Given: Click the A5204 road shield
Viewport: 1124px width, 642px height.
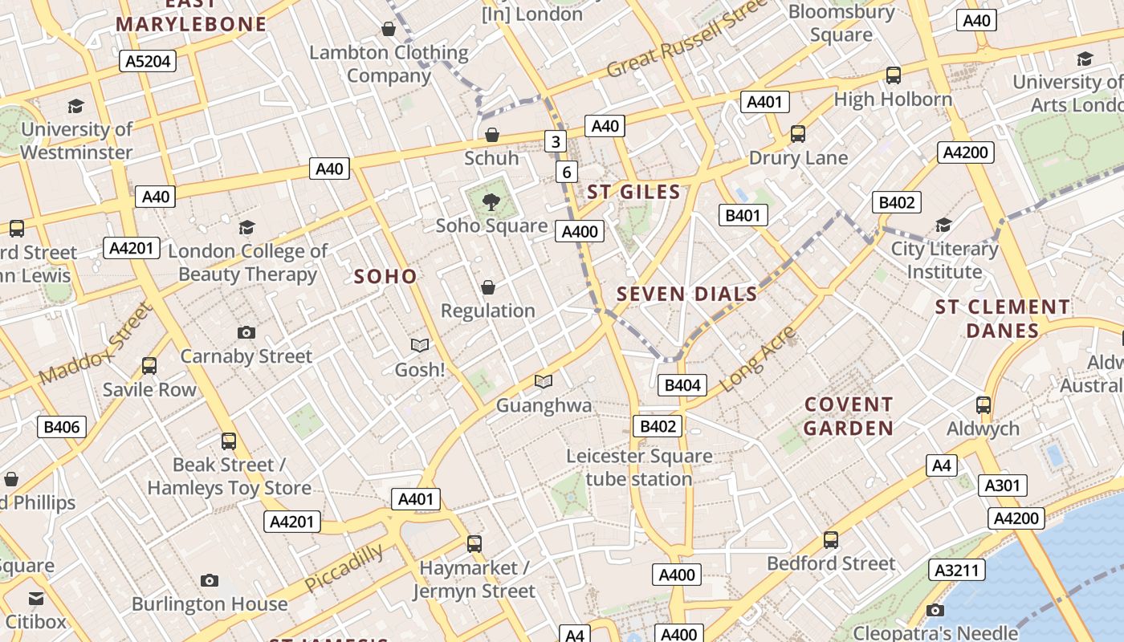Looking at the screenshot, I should click(x=149, y=61).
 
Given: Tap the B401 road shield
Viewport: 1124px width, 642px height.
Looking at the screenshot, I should click(x=743, y=215).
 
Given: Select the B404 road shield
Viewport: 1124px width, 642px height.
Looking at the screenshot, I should click(x=682, y=385).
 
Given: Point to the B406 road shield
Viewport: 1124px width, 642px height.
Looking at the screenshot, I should click(x=62, y=427).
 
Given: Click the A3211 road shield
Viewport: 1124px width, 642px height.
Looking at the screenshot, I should click(x=957, y=571).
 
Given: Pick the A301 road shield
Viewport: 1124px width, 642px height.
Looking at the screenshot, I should click(x=1002, y=486).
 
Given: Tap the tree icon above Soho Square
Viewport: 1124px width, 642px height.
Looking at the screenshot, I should click(x=491, y=202).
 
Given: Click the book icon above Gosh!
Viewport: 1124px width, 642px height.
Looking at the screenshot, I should click(x=420, y=345).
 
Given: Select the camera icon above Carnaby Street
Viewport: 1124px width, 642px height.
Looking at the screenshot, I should click(x=246, y=332).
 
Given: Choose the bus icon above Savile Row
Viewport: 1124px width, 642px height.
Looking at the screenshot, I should click(x=149, y=366).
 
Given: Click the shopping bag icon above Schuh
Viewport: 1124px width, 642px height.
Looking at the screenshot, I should click(x=492, y=135).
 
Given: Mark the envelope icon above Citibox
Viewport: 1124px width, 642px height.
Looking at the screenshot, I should click(x=36, y=599).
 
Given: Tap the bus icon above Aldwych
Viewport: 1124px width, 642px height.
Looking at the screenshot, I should click(x=983, y=405).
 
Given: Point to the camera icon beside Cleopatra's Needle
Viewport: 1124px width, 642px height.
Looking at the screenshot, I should click(x=935, y=610).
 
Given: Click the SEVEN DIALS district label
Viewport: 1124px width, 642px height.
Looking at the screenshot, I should click(x=686, y=295).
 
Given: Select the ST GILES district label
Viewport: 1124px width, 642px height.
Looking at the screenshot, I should click(x=633, y=193).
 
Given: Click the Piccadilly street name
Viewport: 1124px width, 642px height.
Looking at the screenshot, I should click(x=344, y=567).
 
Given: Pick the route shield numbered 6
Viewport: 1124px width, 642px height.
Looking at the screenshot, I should click(x=567, y=172).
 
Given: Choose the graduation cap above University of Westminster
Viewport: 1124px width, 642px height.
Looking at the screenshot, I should click(x=76, y=106).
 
